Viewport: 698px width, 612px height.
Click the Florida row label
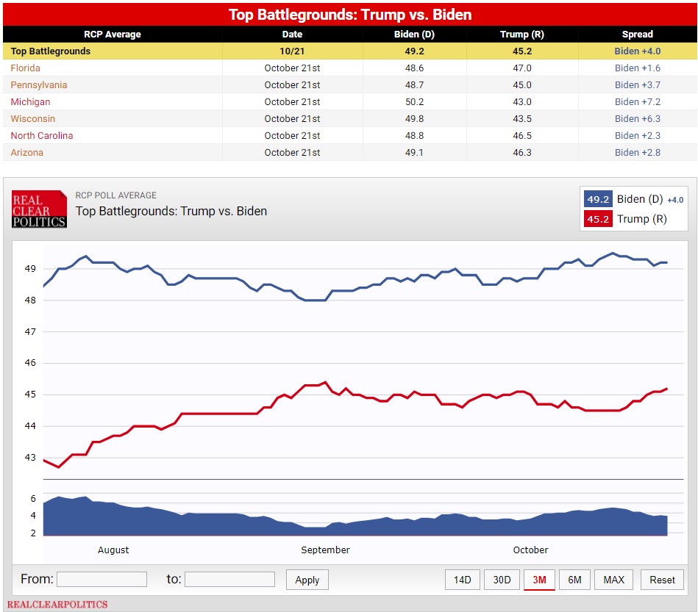25,68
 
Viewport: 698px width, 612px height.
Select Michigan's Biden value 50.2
414,102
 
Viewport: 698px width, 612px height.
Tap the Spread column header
637,35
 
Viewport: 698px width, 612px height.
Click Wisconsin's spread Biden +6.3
638,119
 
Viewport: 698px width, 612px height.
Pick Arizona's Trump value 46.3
521,153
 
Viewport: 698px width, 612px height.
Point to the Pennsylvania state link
39,85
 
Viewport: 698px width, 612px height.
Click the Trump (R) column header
521,35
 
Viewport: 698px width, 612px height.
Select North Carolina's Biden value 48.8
414,136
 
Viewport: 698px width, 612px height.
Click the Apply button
307,580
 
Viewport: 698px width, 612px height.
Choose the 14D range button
463,580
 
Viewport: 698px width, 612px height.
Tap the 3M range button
539,580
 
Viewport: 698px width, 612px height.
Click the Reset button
662,580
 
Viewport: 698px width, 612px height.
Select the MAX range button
613,580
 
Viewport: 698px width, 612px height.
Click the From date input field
102,579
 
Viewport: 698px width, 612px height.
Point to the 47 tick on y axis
30,332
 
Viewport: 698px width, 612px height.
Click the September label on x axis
325,550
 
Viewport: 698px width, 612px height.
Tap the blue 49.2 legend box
598,199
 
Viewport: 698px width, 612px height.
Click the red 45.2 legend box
598,219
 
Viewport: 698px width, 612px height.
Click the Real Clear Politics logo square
39,209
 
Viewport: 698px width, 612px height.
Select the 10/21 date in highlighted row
292,51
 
